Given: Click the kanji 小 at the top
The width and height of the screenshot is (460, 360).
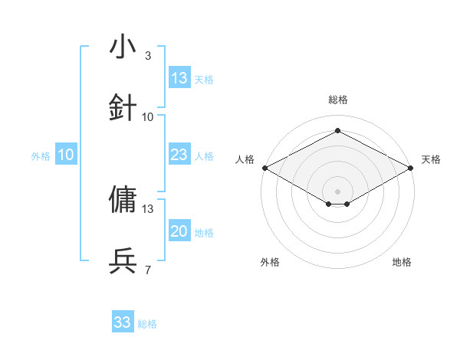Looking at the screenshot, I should coord(123,48).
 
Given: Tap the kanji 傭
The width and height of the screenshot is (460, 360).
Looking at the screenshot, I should coord(123,200).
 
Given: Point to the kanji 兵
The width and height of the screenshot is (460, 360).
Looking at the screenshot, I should coord(123,260).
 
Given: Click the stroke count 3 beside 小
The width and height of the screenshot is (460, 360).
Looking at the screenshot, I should coord(147,56).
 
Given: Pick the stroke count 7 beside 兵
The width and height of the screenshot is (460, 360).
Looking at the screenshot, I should coord(147,269).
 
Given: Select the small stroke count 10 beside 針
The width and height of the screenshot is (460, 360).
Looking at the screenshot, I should coord(148,117).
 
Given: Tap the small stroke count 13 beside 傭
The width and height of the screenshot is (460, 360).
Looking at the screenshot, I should coord(148,208).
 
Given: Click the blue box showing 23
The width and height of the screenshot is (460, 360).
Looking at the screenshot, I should coord(179,155).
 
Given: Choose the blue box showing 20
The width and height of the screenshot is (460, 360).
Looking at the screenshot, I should coord(179,231).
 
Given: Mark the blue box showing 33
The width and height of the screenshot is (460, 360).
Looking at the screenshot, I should coord(123,322).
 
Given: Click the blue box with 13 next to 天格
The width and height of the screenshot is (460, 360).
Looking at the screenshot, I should coord(179,78).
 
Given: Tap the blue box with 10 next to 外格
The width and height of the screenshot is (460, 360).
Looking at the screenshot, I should coord(65,155).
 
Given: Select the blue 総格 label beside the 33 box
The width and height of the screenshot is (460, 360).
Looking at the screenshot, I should coord(148,324).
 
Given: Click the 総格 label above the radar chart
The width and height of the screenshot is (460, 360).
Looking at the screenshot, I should coord(338,100).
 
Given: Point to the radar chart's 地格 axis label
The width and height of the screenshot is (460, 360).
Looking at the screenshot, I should coord(402,262).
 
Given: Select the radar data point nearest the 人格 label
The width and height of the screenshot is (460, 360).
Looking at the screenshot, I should coord(264,168).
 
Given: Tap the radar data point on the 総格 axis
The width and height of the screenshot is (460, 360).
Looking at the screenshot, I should coord(338,131).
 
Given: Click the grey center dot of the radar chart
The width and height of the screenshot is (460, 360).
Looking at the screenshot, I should coord(338,191).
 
